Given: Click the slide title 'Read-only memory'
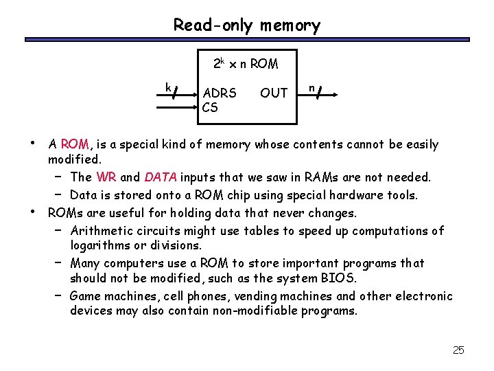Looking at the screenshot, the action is (246, 26).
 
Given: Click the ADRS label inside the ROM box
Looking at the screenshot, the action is (220, 93).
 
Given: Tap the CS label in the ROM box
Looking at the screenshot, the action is (210, 107).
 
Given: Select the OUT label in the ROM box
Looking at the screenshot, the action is (274, 93).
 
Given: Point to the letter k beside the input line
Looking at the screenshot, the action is (167, 86).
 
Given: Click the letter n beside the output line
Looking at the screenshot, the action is (311, 87).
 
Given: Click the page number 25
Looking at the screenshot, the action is (458, 350).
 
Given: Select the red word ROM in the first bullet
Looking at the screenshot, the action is (75, 144).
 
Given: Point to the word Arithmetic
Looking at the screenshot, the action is (101, 230).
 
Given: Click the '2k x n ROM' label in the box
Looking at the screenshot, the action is (245, 64).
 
